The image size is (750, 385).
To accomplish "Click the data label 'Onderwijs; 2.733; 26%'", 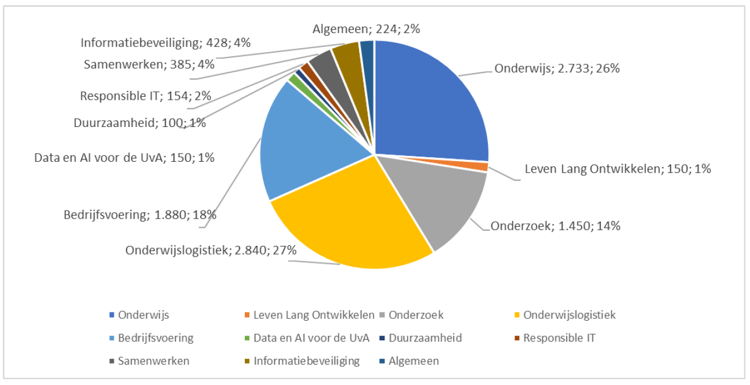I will pos(557,68).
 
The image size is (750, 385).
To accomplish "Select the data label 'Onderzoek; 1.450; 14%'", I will pos(555,226).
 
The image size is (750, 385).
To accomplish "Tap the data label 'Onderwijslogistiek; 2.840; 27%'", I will pos(211,250).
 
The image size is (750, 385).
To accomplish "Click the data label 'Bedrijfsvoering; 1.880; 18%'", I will pos(140,215).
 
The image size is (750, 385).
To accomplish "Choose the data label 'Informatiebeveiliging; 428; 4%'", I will pos(165,43).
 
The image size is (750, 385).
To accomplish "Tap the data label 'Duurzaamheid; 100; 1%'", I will pos(140,123).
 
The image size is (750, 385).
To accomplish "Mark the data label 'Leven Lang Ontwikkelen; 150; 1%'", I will pos(618,169).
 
